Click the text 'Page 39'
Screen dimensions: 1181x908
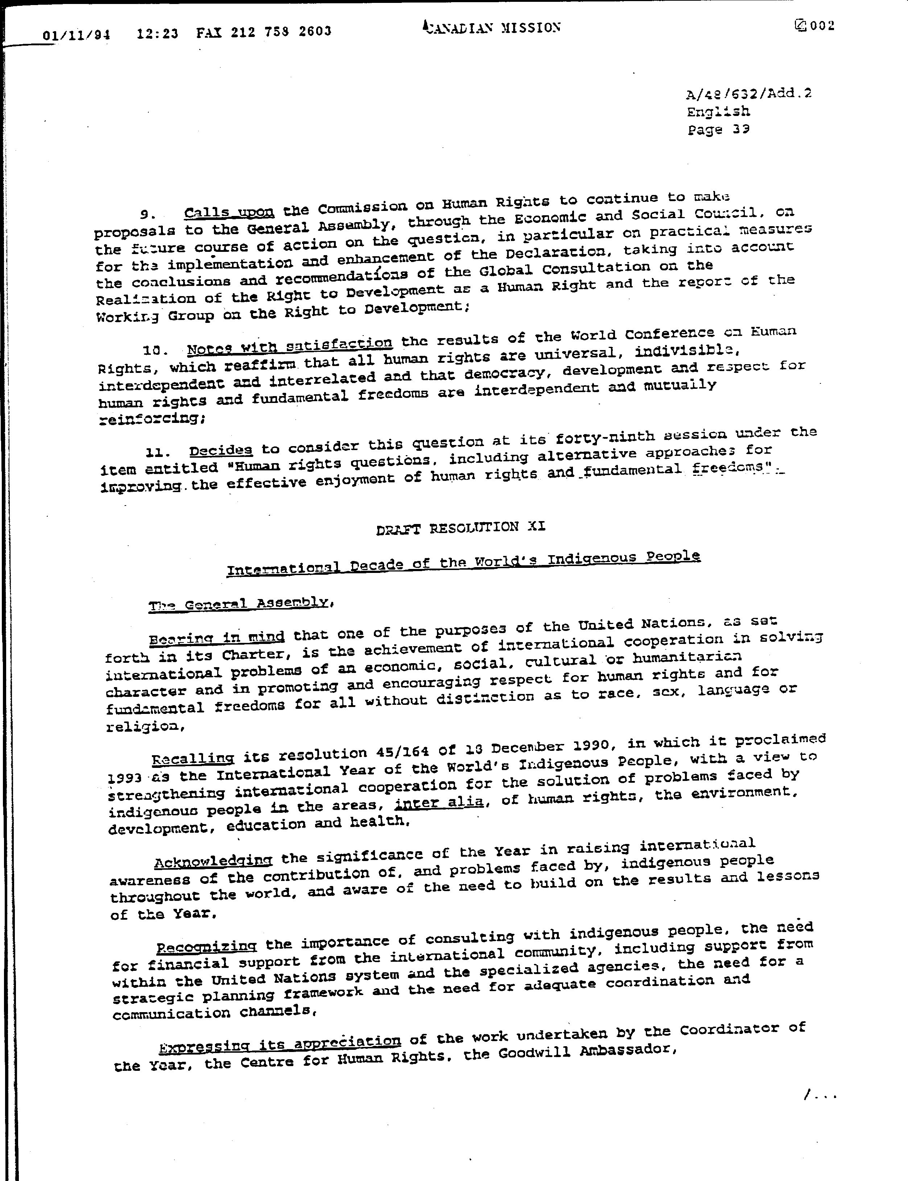coord(718,130)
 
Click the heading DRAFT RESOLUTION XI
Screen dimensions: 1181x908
coord(461,528)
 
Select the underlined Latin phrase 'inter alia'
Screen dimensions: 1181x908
coord(439,802)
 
